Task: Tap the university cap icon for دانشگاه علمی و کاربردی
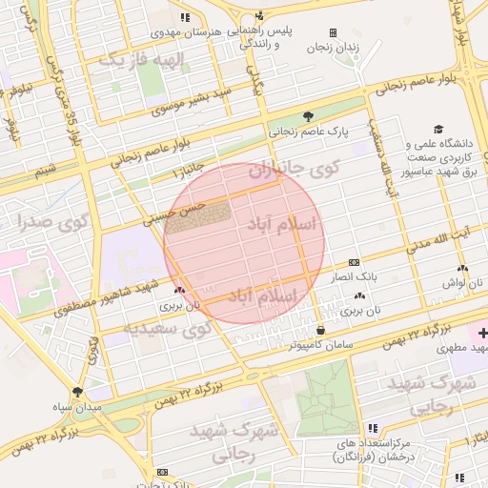pos(438,129)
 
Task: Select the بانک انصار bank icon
pos(354,262)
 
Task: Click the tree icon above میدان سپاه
pos(77,391)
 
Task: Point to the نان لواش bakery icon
pos(462,270)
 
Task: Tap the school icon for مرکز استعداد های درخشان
pos(373,429)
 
